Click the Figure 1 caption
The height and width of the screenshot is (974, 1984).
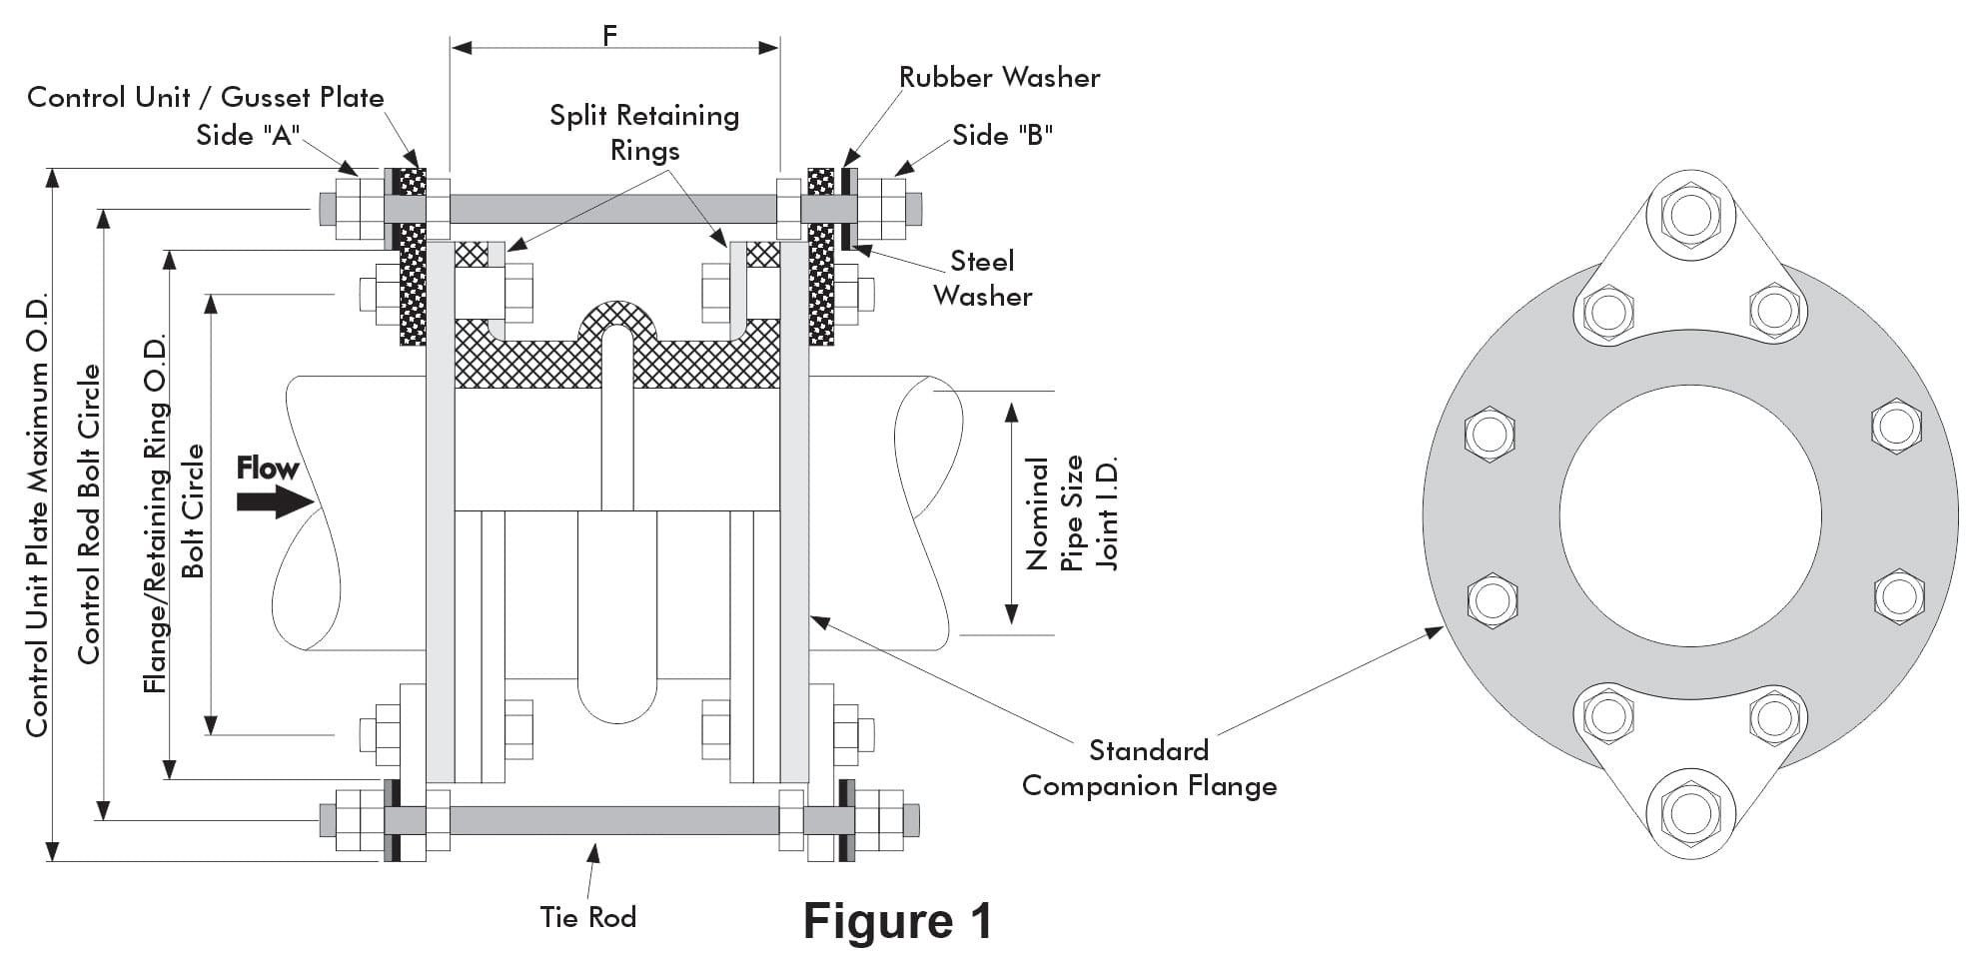[x=897, y=921]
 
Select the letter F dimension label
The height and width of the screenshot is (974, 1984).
[x=610, y=35]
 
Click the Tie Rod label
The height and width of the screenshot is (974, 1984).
[x=587, y=917]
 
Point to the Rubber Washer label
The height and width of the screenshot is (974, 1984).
[x=999, y=78]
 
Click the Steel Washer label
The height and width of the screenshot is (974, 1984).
[x=982, y=279]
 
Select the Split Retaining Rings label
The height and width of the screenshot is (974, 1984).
[x=644, y=132]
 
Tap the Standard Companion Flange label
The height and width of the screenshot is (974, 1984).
[x=1149, y=768]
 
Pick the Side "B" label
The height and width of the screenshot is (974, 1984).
[x=1002, y=135]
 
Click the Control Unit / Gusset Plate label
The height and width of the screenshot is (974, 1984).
[x=205, y=97]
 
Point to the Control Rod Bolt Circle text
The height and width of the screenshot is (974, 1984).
[x=90, y=513]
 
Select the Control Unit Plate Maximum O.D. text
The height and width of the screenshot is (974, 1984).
[x=37, y=515]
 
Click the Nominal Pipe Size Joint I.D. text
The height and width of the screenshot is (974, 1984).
[x=1072, y=512]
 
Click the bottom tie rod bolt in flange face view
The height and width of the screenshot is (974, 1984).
[x=1689, y=812]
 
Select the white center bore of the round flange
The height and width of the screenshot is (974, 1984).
[x=1689, y=514]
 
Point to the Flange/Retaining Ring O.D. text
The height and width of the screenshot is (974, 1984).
[x=155, y=513]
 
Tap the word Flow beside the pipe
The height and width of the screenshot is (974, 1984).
[x=267, y=468]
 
